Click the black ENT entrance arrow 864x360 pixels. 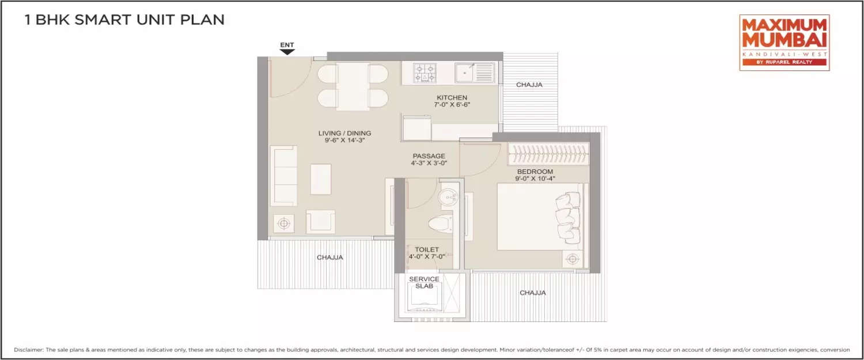287,51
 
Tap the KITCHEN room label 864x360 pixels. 452,98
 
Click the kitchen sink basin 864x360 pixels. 464,73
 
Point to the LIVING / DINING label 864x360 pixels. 344,134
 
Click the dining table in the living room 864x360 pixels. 353,86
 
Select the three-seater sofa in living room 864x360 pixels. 284,176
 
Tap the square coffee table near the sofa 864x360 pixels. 321,179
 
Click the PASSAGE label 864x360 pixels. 429,156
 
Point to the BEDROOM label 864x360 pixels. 535,172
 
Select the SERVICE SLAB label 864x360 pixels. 424,282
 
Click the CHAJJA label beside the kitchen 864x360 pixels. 529,85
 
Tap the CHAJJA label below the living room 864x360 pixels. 329,257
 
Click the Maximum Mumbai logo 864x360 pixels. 784,43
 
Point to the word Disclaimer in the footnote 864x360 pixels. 29,350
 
